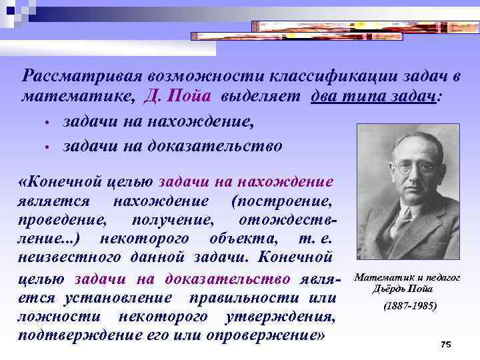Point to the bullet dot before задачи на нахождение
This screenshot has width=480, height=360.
click(x=48, y=123)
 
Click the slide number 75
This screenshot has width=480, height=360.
click(x=446, y=344)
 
